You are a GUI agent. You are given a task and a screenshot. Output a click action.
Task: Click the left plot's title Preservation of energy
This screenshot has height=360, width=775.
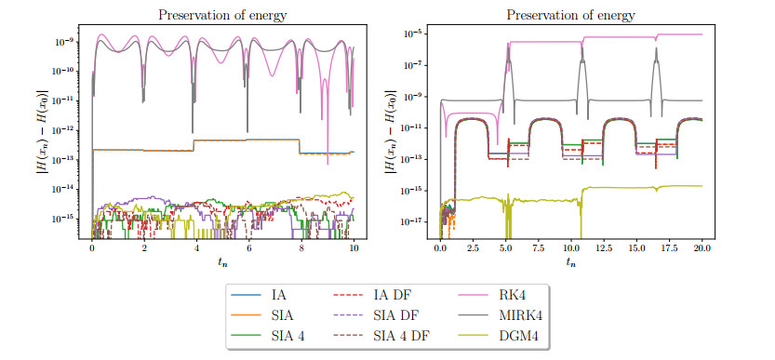coord(223,15)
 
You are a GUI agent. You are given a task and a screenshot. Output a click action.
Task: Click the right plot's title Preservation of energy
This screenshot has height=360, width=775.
coord(571,15)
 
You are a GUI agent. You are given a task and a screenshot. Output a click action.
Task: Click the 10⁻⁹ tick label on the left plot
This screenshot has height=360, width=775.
coord(65,42)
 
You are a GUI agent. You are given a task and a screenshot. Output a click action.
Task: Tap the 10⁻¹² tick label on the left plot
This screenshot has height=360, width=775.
coord(63,130)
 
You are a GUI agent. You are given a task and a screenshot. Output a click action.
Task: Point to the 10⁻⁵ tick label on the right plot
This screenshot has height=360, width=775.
coord(413,33)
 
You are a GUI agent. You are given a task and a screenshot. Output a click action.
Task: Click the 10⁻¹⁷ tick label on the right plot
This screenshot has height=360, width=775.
coord(411,221)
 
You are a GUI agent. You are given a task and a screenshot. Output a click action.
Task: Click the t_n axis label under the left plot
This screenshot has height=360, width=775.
coord(223,262)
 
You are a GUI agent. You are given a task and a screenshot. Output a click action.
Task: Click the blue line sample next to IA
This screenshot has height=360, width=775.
coord(247,296)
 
